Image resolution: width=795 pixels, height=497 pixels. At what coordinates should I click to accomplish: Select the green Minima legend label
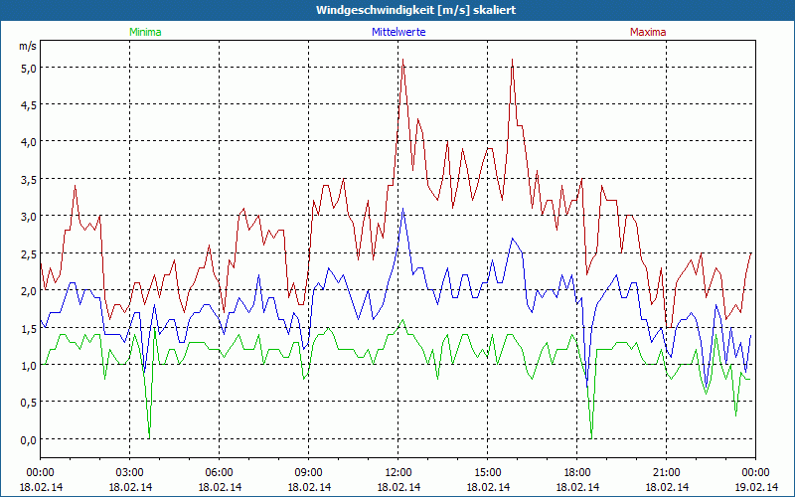coord(144,32)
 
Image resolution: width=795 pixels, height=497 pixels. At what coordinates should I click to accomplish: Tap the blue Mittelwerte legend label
coord(397,32)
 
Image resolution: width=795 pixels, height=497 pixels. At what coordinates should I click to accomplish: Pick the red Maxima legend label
coord(648,32)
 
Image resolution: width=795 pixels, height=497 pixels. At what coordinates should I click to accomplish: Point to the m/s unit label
coord(27,46)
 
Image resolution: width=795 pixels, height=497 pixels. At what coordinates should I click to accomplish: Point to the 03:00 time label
coord(130,472)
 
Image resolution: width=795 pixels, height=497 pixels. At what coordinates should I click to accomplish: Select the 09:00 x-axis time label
coord(309,472)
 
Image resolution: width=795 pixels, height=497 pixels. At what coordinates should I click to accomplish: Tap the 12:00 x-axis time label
coord(398,472)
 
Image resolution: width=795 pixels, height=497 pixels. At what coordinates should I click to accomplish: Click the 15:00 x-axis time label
coord(488,472)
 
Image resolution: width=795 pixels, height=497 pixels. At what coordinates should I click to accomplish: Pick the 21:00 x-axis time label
coord(667,472)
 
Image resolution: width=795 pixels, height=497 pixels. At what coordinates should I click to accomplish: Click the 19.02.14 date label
coord(756,487)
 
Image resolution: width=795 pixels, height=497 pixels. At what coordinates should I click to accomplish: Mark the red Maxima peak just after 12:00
coord(402,62)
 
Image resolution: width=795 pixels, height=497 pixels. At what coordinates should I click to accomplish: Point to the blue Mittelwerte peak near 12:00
coord(402,210)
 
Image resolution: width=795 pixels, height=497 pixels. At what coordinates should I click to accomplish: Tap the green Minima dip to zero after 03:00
coord(149,437)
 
